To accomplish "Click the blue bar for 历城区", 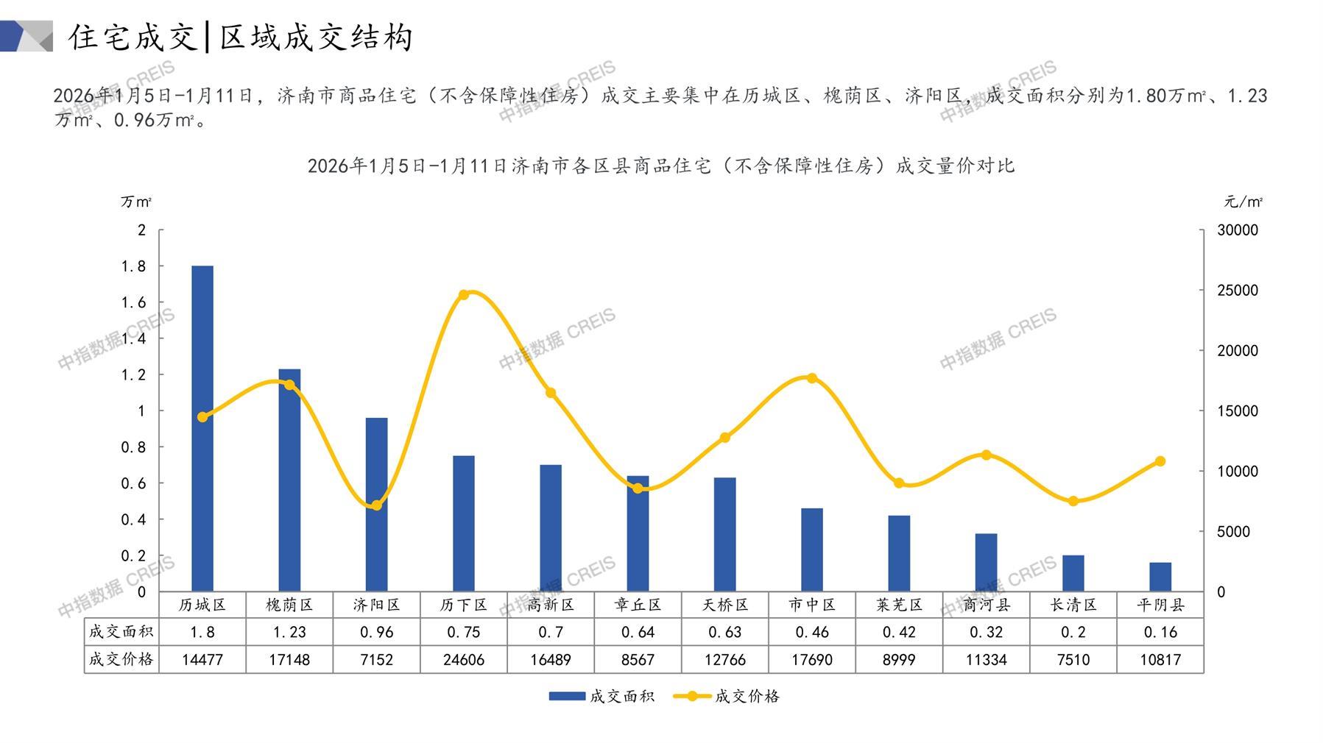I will coord(202,428).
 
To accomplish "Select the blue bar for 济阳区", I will coord(376,505).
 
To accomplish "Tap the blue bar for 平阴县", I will coord(1160,577).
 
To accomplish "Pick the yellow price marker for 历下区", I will coord(464,295).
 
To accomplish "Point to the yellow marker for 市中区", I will coord(812,378).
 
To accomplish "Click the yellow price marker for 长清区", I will coord(1073,501).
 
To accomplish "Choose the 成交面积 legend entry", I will coord(601,696).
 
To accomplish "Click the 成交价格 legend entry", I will coord(727,696).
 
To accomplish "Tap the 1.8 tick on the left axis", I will coord(133,266).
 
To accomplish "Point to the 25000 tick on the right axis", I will coord(1238,291).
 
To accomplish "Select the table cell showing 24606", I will coord(464,660).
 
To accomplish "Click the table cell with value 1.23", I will coord(289,632).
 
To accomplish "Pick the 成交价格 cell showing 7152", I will coord(376,660).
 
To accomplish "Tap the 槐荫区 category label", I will coord(289,605).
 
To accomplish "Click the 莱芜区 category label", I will coord(899,605).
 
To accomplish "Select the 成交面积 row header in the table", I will coord(121,632).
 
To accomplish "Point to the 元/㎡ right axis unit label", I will coord(1243,202).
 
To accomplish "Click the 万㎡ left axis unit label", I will coord(136,202).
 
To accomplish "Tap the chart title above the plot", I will coord(660,166).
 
